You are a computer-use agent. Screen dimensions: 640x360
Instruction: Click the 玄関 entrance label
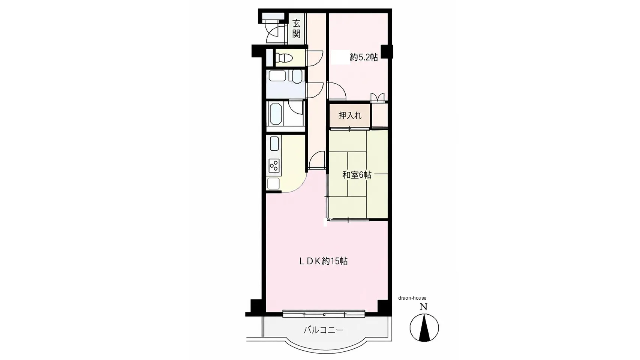point(296,28)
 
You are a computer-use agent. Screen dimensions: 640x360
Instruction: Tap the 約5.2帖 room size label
point(364,57)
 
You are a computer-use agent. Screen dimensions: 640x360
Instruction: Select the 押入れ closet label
point(350,115)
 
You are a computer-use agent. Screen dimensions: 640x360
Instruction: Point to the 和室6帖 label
point(357,175)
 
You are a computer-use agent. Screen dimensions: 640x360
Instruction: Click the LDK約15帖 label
point(324,261)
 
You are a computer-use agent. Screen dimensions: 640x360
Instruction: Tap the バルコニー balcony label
point(323,330)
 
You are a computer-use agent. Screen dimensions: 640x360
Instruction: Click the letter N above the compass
point(423,307)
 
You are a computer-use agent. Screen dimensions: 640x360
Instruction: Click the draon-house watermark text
point(412,298)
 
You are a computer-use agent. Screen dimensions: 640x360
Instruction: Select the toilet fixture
point(284,58)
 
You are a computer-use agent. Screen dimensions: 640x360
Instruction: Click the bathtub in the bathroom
point(276,113)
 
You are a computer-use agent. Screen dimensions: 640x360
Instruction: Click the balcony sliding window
point(324,314)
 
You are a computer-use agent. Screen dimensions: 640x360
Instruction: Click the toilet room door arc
point(314,58)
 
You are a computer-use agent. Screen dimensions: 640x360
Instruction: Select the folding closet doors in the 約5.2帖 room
point(377,97)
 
